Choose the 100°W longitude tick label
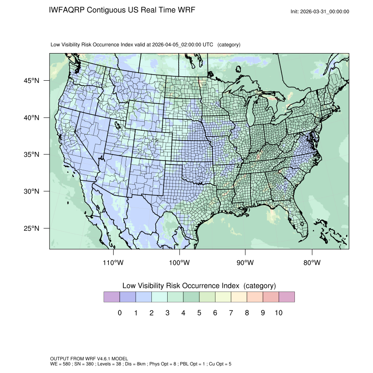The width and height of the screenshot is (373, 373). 179,263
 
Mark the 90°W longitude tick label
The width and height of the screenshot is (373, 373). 245,263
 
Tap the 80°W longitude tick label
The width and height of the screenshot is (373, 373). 312,263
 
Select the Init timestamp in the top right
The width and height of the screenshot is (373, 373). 320,12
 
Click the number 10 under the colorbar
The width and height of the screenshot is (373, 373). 278,313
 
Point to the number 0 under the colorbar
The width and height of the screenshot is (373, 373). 119,313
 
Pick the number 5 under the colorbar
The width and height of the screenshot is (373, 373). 199,313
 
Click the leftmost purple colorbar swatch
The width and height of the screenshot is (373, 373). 111,297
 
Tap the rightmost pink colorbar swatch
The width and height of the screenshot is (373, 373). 287,297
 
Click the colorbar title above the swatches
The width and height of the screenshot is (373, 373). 199,286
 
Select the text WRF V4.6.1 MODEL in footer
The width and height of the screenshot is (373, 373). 96,359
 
